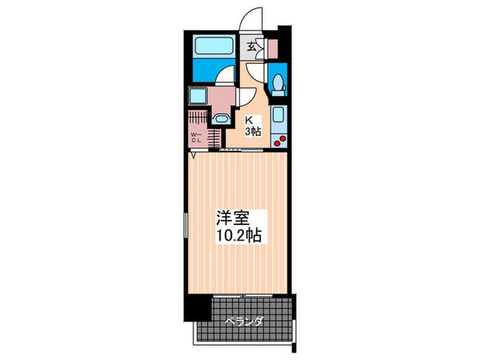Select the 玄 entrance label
click(252, 47)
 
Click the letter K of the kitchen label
click(250, 118)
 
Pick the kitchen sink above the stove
click(278, 115)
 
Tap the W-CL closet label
click(196, 137)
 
